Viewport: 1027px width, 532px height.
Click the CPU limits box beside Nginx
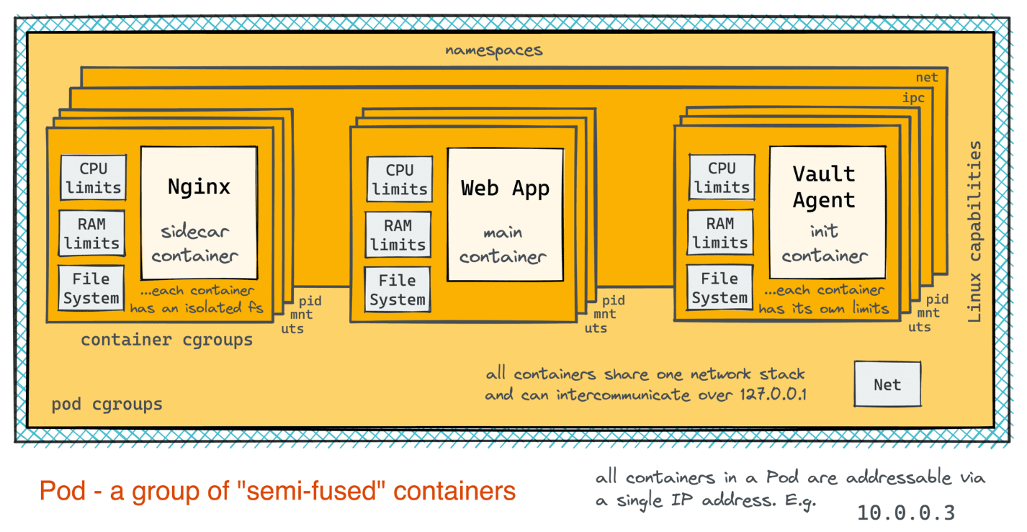pos(94,178)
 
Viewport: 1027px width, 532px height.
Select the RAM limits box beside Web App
pos(398,235)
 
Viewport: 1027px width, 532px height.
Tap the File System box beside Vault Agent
pos(719,288)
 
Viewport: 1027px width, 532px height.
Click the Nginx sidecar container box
pos(199,213)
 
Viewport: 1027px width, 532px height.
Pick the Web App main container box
pos(506,215)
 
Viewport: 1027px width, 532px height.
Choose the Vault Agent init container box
pos(828,212)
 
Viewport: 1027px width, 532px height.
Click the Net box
pos(887,384)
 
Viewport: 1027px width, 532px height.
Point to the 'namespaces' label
pos(494,50)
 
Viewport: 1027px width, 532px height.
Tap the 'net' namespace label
pos(927,78)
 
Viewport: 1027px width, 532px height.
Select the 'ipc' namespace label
pos(913,98)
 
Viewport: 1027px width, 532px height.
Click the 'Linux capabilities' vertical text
pos(974,231)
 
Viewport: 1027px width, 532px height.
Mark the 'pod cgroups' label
pos(107,404)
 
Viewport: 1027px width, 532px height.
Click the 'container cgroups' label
pos(167,340)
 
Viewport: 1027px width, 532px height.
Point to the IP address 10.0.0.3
pos(906,513)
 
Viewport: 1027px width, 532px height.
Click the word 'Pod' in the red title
pos(63,491)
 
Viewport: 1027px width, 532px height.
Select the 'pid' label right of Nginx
pos(310,301)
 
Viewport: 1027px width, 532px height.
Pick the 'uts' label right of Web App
pos(596,328)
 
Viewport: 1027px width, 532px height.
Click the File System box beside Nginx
pos(91,288)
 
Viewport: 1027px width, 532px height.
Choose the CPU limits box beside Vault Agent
pos(722,177)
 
